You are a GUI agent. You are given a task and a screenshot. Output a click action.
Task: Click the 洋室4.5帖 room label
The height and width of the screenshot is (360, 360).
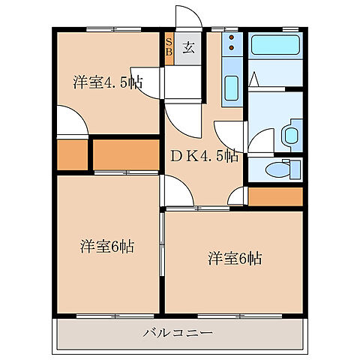pos(106,83)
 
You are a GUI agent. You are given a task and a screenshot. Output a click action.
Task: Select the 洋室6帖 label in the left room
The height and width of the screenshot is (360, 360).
pos(106,247)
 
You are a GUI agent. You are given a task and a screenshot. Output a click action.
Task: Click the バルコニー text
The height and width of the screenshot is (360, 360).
pos(178,332)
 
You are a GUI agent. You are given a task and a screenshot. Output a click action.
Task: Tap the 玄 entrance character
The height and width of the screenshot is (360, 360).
pos(188,48)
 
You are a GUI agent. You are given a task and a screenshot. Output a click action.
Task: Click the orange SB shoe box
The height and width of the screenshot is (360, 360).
pos(169,48)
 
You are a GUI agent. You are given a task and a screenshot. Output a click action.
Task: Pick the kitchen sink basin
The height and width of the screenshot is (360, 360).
pos(231,91)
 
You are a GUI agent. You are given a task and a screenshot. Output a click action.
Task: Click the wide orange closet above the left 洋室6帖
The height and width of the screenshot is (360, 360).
pos(125,154)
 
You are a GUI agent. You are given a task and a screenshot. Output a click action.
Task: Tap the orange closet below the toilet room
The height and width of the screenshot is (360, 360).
pos(274,196)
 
